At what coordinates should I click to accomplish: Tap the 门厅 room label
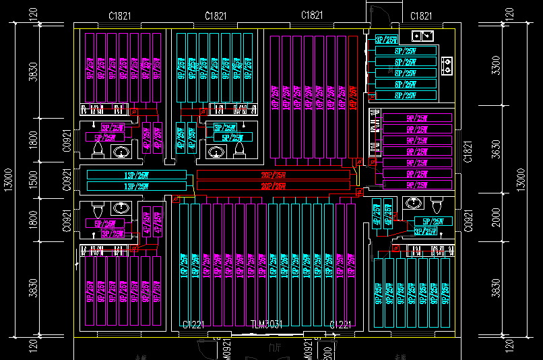(x=274, y=348)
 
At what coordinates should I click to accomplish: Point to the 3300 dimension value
(x=497, y=65)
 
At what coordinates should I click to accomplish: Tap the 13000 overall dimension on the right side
(x=519, y=181)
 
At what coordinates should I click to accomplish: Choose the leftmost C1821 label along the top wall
(x=119, y=16)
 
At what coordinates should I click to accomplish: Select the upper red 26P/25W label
(x=274, y=175)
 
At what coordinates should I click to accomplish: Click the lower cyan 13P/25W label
(x=137, y=186)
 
